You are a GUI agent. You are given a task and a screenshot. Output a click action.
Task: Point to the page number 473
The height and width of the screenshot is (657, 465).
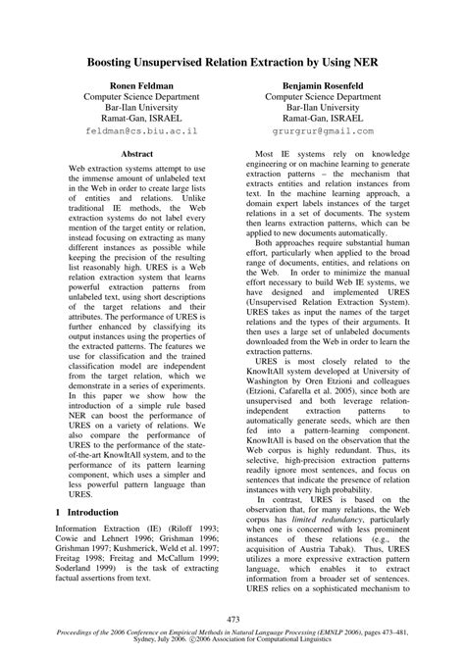click(232, 619)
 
